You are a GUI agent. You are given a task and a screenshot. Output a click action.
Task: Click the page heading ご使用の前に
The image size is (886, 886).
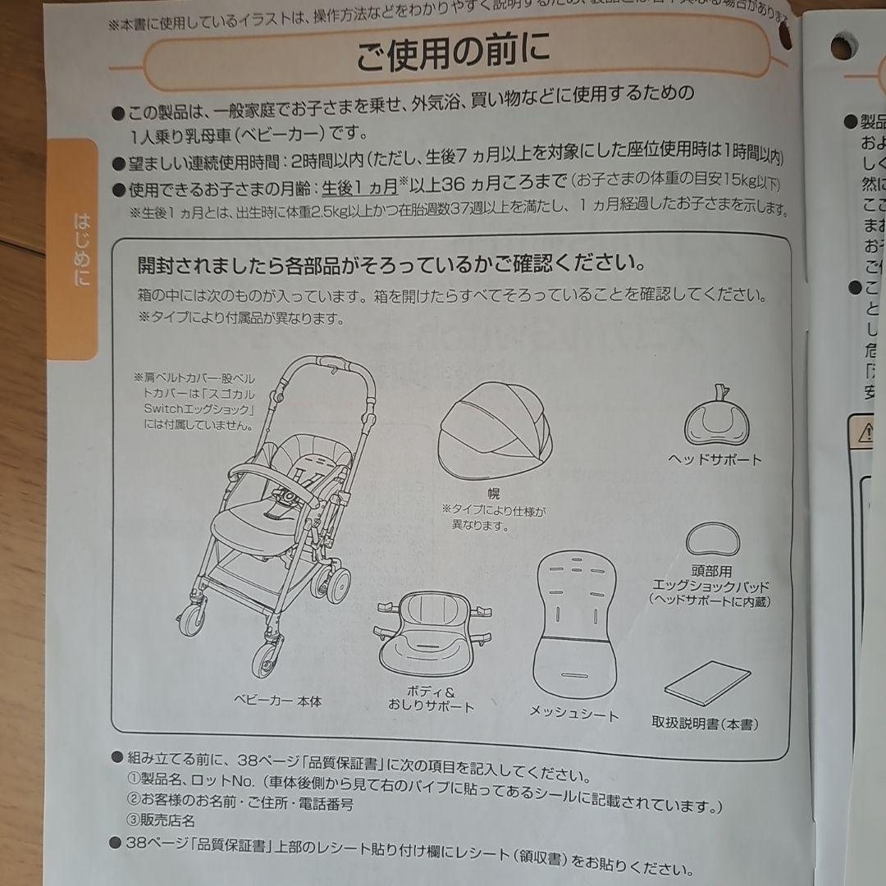(452, 54)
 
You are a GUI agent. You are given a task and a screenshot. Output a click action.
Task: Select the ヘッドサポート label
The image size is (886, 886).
(715, 459)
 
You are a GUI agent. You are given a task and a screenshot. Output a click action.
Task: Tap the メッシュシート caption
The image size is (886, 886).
(573, 713)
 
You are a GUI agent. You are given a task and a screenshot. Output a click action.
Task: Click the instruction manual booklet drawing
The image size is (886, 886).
(707, 683)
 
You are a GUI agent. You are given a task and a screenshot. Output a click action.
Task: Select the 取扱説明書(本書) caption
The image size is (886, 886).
(706, 724)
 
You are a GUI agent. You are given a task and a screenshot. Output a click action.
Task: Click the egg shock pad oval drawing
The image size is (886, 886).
(712, 540)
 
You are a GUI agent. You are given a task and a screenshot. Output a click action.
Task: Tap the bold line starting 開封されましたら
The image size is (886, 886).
(390, 264)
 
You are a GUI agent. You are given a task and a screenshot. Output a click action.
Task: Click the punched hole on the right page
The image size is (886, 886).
(842, 48)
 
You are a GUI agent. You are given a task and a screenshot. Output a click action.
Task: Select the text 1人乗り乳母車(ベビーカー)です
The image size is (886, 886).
(249, 133)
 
